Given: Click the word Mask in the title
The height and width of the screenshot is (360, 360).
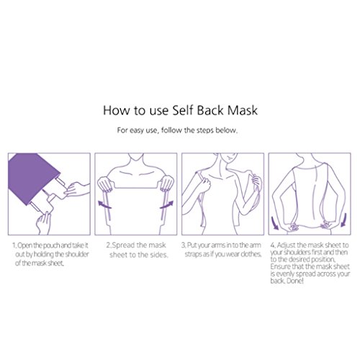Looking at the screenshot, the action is click(243, 110).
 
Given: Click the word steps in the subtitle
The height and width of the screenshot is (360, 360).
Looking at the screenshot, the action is click(205, 130).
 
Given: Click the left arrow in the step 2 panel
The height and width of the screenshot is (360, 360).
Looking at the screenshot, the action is click(104, 204).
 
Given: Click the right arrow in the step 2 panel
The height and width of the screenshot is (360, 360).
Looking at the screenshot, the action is click(166, 204).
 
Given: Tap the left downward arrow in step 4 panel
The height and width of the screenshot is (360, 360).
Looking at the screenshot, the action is click(275, 222).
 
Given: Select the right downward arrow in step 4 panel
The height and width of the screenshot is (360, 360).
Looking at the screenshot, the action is click(343, 220).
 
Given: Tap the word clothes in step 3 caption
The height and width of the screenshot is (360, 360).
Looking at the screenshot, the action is click(251, 254).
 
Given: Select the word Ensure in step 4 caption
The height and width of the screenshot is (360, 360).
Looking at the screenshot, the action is click(280, 266).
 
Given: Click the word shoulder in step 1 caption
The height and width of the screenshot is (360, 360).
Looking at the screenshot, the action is click(77, 254).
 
